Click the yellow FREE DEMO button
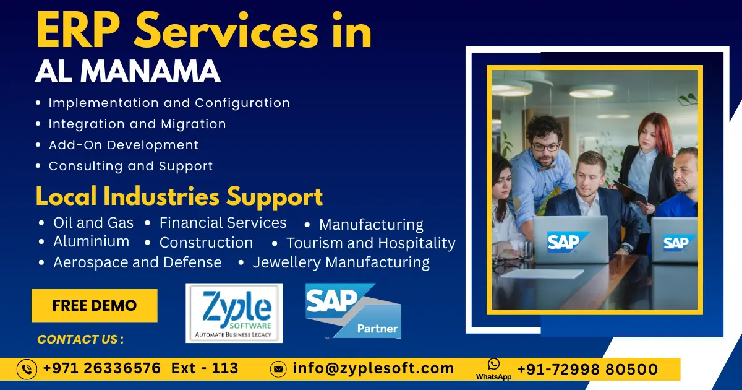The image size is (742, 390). [95, 306]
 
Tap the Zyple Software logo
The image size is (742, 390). [234, 313]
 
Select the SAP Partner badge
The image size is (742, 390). [353, 311]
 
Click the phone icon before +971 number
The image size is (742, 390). [27, 369]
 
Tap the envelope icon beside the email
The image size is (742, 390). [279, 370]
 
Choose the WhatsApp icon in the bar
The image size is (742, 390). [493, 365]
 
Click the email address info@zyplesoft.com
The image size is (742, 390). [373, 369]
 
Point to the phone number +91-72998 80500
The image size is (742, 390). [587, 370]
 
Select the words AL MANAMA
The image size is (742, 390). [128, 72]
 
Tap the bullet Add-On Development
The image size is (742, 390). [124, 145]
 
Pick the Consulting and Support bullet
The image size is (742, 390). [130, 166]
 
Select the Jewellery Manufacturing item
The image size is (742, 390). [341, 262]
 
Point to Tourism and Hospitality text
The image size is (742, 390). [370, 243]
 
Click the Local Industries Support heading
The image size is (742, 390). [179, 196]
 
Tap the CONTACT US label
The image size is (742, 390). [80, 339]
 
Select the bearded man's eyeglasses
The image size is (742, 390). [545, 147]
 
